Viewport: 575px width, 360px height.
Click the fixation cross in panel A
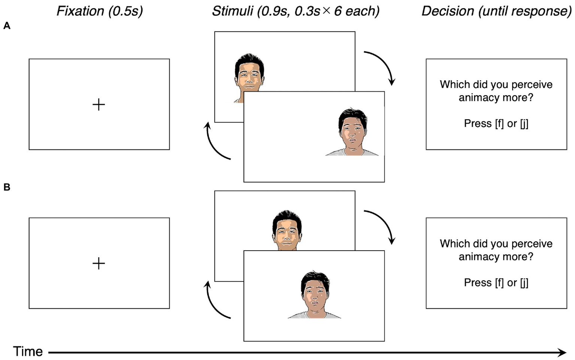click(x=99, y=105)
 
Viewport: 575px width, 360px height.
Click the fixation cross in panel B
click(x=99, y=263)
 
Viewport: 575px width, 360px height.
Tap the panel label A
click(x=7, y=26)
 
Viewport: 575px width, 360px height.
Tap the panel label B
click(x=7, y=187)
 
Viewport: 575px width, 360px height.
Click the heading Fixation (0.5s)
click(x=100, y=11)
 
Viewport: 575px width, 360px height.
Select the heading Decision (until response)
click(x=496, y=11)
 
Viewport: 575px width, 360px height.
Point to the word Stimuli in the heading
click(x=233, y=11)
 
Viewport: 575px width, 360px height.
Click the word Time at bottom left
click(x=28, y=351)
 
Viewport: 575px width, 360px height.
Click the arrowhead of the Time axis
click(x=562, y=353)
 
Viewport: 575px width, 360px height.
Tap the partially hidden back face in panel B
click(x=287, y=232)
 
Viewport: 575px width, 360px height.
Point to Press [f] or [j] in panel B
click(x=496, y=282)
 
